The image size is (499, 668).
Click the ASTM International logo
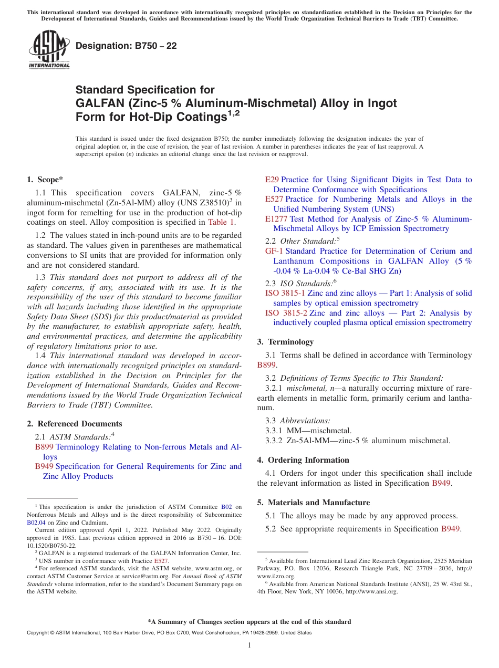48,49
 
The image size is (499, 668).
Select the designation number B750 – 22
126,46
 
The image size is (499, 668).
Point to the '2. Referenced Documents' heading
75,424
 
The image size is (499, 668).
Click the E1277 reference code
276,218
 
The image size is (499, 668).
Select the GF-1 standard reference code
274,251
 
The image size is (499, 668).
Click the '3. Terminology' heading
285,342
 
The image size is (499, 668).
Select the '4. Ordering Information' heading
303,460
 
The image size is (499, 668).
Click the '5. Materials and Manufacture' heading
313,503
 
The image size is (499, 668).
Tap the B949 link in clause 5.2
450,529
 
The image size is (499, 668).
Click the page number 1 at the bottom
250,645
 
